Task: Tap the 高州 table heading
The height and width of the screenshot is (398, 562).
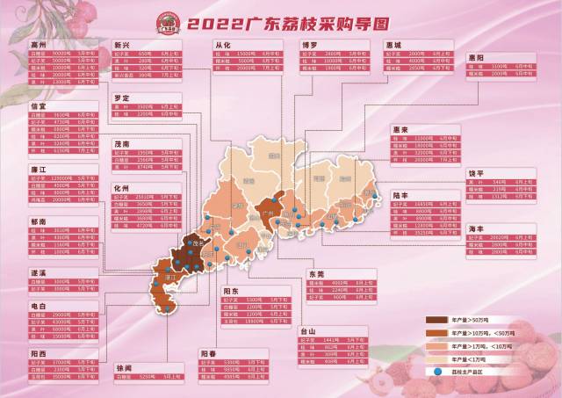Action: click(14, 42)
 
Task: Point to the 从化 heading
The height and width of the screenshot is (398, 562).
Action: click(223, 42)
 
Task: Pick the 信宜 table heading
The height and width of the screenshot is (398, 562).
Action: click(14, 105)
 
